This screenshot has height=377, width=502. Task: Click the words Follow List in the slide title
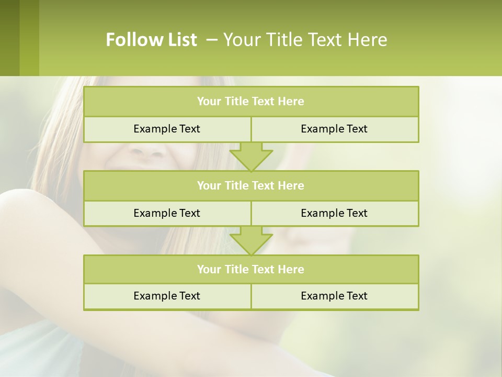pyautogui.click(x=151, y=40)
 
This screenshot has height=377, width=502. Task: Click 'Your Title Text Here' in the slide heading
pyautogui.click(x=305, y=40)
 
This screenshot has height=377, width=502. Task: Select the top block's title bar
pyautogui.click(x=251, y=102)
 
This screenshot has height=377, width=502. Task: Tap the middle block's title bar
pyautogui.click(x=251, y=185)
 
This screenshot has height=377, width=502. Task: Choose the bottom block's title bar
pyautogui.click(x=251, y=269)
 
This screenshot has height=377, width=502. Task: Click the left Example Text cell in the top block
pyautogui.click(x=167, y=129)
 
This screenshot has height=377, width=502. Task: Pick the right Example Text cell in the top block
pyautogui.click(x=334, y=129)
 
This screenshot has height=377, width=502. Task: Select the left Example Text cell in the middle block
pyautogui.click(x=167, y=213)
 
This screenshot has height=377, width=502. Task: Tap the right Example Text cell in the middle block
pyautogui.click(x=334, y=213)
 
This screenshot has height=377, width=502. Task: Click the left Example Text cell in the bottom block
pyautogui.click(x=167, y=296)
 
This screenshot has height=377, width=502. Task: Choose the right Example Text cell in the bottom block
pyautogui.click(x=334, y=296)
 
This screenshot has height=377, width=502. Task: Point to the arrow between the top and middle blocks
pyautogui.click(x=251, y=157)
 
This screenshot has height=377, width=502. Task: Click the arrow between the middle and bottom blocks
pyautogui.click(x=251, y=240)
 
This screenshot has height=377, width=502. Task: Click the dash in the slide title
pyautogui.click(x=212, y=40)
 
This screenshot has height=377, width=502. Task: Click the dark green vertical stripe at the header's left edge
pyautogui.click(x=9, y=38)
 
